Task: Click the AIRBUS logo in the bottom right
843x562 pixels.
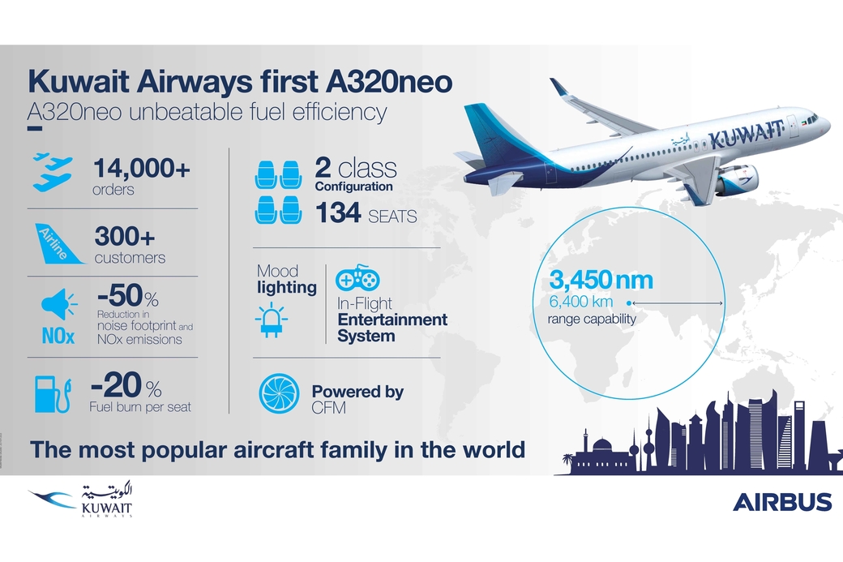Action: coord(781,502)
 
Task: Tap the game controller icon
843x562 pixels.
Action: coord(357,277)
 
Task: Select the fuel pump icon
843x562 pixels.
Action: coord(53,394)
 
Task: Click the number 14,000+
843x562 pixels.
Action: coord(142,169)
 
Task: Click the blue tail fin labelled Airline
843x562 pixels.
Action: coord(58,244)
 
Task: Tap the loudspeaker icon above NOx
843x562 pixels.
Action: coord(58,304)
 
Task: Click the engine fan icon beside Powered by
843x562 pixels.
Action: coord(279,393)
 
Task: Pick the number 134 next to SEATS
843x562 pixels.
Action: coord(338,212)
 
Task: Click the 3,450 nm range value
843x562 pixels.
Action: coord(601,281)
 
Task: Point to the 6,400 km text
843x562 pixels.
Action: coord(580,301)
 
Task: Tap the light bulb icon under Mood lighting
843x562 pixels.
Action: coord(271,320)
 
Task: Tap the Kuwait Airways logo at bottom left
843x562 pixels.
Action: coord(80,500)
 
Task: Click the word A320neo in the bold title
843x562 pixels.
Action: coord(389,81)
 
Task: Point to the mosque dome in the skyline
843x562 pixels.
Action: coord(602,444)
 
